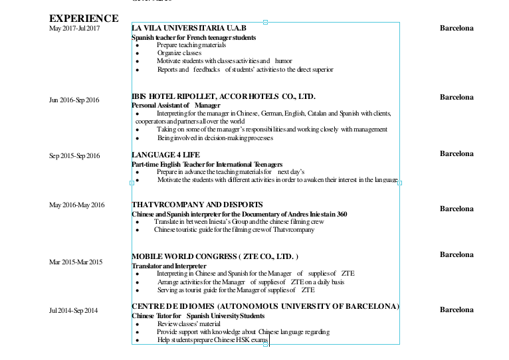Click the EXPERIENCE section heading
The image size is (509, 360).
pyautogui.click(x=84, y=19)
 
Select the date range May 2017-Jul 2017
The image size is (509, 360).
pyautogui.click(x=74, y=28)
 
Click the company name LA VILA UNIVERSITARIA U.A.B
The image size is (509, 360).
pyautogui.click(x=189, y=28)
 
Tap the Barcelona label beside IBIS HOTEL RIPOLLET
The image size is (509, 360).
pyautogui.click(x=457, y=97)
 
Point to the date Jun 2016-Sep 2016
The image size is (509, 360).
pyautogui.click(x=74, y=100)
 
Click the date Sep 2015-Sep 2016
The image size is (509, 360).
pyautogui.click(x=74, y=156)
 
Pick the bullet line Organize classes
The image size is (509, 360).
pyautogui.click(x=179, y=53)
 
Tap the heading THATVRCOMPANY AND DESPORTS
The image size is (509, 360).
pyautogui.click(x=197, y=205)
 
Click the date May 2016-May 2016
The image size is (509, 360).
pyautogui.click(x=76, y=205)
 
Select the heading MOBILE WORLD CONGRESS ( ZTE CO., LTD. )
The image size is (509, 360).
pyautogui.click(x=215, y=256)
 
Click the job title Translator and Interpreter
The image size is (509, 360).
pyautogui.click(x=169, y=266)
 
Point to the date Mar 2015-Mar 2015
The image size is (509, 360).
pyautogui.click(x=76, y=262)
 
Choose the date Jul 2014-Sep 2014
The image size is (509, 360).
pyautogui.click(x=74, y=311)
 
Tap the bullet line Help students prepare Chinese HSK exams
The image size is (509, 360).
pyautogui.click(x=212, y=340)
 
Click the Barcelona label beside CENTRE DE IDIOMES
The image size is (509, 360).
pyautogui.click(x=457, y=310)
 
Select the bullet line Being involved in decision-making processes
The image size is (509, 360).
pyautogui.click(x=215, y=138)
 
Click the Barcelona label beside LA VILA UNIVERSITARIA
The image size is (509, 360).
pyautogui.click(x=457, y=28)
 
